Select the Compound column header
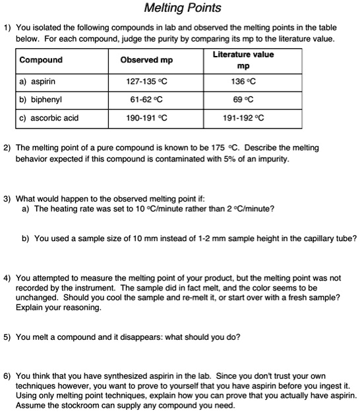(41, 60)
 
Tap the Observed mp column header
(146, 60)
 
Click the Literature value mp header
(243, 60)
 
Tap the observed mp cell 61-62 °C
(146, 100)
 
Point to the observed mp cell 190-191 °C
(146, 119)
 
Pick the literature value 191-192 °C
(243, 119)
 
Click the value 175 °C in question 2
(239, 148)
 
